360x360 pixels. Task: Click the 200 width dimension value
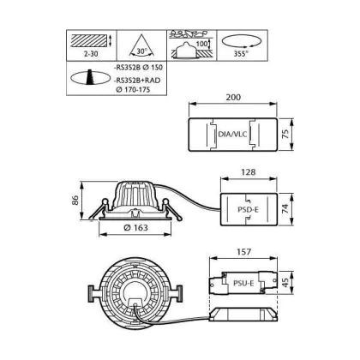coord(233,97)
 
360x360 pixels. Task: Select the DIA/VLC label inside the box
coord(232,134)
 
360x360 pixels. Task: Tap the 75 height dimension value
coord(285,134)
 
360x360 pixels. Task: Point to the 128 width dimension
coord(248,172)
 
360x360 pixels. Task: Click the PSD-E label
coord(248,210)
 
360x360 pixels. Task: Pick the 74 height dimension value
coord(285,209)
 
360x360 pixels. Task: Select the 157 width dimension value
coord(243,252)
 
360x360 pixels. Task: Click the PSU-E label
coord(243,283)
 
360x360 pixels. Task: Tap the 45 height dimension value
coord(285,283)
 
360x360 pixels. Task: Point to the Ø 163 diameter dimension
coord(135,227)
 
